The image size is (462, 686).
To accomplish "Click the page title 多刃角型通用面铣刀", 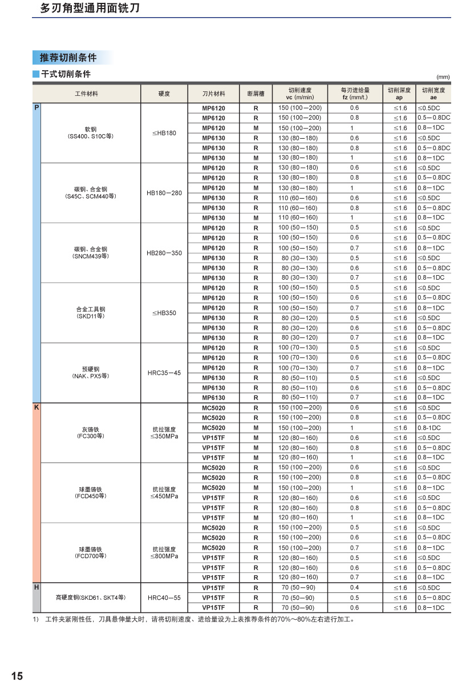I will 90,9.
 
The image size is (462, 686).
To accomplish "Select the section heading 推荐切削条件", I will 68,58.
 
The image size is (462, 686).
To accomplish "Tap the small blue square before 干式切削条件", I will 36,74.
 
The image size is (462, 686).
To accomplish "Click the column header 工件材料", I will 87,94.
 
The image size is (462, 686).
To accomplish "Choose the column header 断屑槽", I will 256,94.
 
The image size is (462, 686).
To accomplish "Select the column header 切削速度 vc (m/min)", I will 299,94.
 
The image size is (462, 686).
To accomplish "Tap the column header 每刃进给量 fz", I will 355,94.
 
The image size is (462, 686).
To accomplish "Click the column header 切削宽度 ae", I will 433,94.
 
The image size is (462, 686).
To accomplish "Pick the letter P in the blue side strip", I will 37,107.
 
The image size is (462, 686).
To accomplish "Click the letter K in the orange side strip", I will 37,407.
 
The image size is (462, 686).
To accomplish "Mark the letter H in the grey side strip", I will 37,587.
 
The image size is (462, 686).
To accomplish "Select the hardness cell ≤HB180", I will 164,133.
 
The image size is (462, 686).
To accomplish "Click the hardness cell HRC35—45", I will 164,373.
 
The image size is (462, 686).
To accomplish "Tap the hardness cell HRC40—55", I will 164,598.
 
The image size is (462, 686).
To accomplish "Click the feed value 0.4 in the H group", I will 355,588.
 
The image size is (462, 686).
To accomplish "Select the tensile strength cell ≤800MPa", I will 164,556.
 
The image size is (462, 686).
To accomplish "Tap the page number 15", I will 17,676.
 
